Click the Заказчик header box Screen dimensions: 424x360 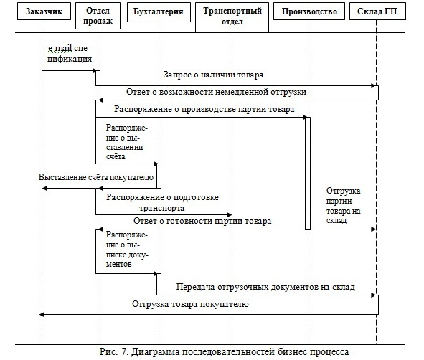coord(44,11)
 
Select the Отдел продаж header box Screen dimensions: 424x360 coord(98,16)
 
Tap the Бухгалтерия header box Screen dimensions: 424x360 coord(159,12)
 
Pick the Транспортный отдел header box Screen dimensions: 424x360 coord(232,17)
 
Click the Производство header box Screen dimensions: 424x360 coord(309,11)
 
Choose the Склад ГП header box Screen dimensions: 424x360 coord(377,11)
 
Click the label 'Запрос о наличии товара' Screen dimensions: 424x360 coord(213,75)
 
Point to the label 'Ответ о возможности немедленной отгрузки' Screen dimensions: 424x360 coord(217,92)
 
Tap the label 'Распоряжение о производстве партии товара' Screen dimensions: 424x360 coord(204,109)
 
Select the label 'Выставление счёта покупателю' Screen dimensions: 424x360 coord(96,177)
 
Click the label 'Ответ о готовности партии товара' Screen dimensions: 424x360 coord(202,221)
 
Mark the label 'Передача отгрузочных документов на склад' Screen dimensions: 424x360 coord(265,287)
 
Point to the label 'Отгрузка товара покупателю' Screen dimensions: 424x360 coord(190,304)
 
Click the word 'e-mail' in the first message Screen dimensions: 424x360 coord(60,49)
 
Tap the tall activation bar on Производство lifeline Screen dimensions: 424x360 coord(308,174)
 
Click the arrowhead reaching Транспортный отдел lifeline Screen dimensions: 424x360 coord(230,215)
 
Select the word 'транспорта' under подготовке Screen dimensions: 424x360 coord(161,208)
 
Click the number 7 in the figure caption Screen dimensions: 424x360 coord(124,351)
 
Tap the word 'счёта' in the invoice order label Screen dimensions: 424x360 coord(116,157)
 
